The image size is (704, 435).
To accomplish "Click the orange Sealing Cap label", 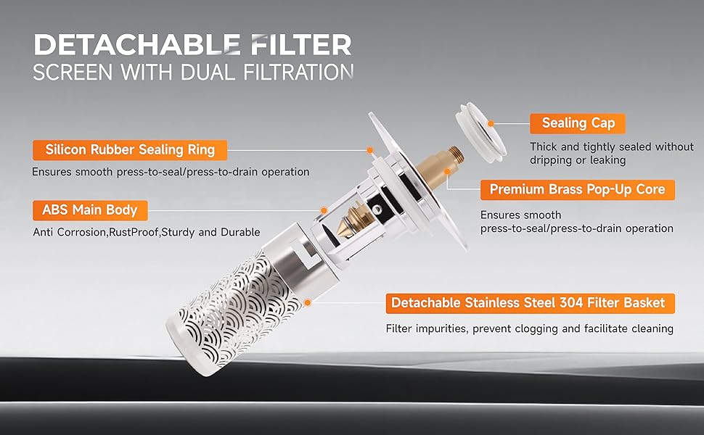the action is pyautogui.click(x=578, y=123).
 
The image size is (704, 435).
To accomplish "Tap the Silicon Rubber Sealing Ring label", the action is pyautogui.click(x=130, y=150).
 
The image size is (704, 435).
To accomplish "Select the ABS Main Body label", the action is pyautogui.click(x=90, y=210).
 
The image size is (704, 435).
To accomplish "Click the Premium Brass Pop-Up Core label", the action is pyautogui.click(x=578, y=190).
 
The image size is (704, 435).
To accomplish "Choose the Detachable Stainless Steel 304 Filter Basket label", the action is pyautogui.click(x=531, y=303).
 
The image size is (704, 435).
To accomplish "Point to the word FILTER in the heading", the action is pyautogui.click(x=301, y=44).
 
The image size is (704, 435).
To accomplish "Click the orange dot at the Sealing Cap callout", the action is pyautogui.click(x=491, y=123).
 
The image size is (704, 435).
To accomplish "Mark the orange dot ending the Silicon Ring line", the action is pyautogui.click(x=370, y=150).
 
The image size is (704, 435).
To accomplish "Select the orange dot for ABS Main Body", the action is pyautogui.click(x=324, y=210).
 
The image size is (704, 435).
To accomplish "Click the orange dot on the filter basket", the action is pyautogui.click(x=308, y=303).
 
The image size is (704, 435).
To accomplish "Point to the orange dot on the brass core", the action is pyautogui.click(x=447, y=171).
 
